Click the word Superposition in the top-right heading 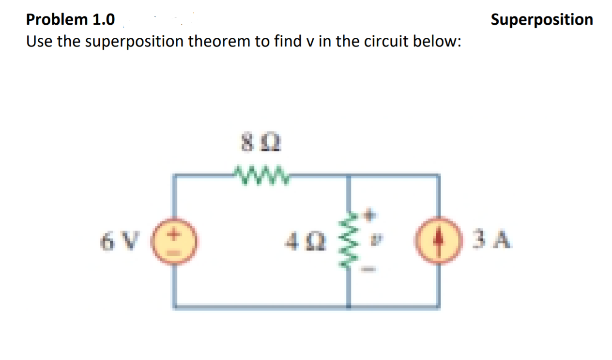tap(541, 19)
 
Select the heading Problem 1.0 tap(71, 20)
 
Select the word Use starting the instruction tap(39, 42)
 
